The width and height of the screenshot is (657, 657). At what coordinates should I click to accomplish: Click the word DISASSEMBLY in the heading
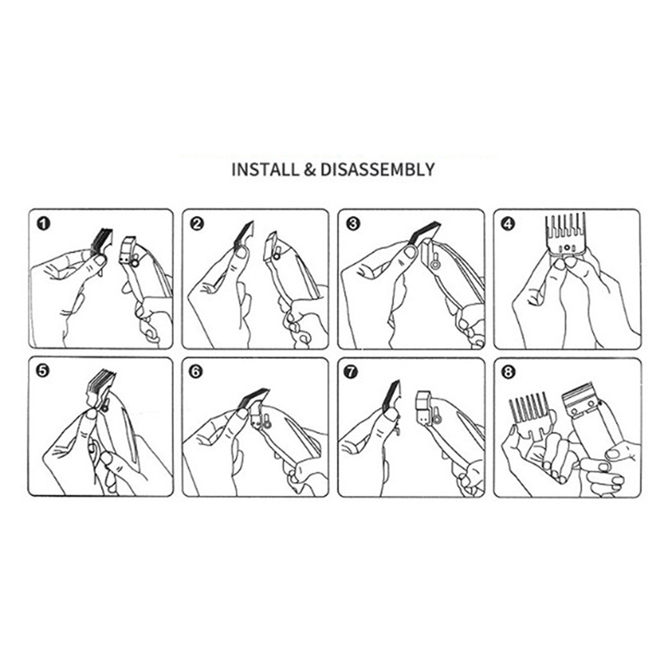pyautogui.click(x=378, y=170)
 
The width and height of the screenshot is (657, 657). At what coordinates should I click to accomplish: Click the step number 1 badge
pyautogui.click(x=44, y=223)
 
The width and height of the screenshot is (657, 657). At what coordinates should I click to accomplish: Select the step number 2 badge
pyautogui.click(x=196, y=223)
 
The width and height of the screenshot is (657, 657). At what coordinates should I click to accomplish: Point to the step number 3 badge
pyautogui.click(x=353, y=223)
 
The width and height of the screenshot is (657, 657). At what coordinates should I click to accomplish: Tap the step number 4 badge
pyautogui.click(x=508, y=223)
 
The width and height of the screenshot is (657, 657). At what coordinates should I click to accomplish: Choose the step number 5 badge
pyautogui.click(x=43, y=370)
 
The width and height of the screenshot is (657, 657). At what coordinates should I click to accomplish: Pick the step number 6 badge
pyautogui.click(x=195, y=371)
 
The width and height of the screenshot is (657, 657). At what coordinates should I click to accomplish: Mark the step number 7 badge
pyautogui.click(x=351, y=371)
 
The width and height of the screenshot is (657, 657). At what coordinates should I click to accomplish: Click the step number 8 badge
pyautogui.click(x=508, y=371)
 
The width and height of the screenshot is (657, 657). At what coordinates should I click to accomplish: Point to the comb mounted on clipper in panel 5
pyautogui.click(x=100, y=388)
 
